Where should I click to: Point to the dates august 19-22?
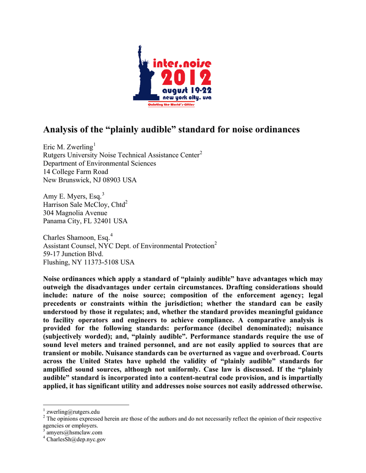point(186,91)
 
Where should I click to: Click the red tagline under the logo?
point(171,104)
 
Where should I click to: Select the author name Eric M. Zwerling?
point(68,147)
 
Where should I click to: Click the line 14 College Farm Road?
point(75,172)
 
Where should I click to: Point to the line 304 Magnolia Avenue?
point(75,213)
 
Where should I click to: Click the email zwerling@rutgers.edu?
point(73,412)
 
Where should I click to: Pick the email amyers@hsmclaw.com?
point(74,433)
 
